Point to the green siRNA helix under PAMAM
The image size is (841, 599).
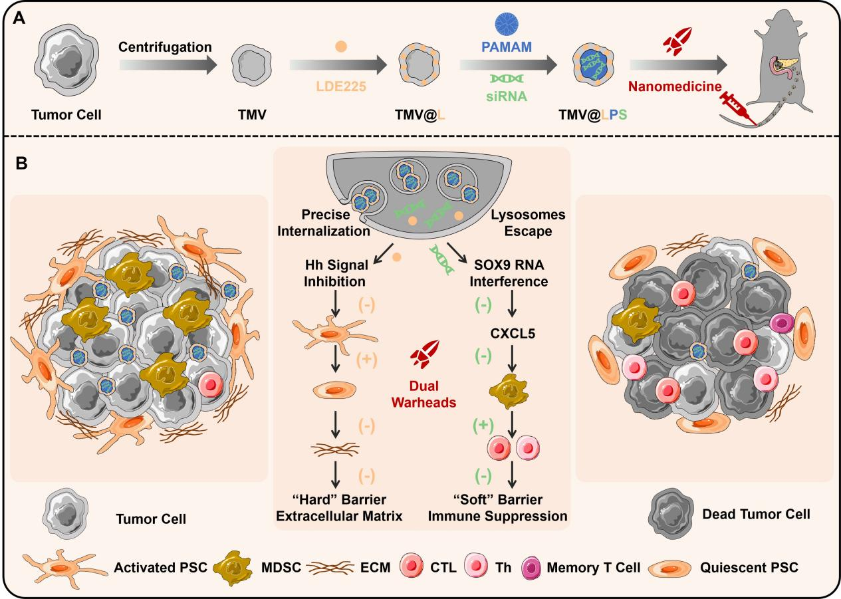point(509,78)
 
